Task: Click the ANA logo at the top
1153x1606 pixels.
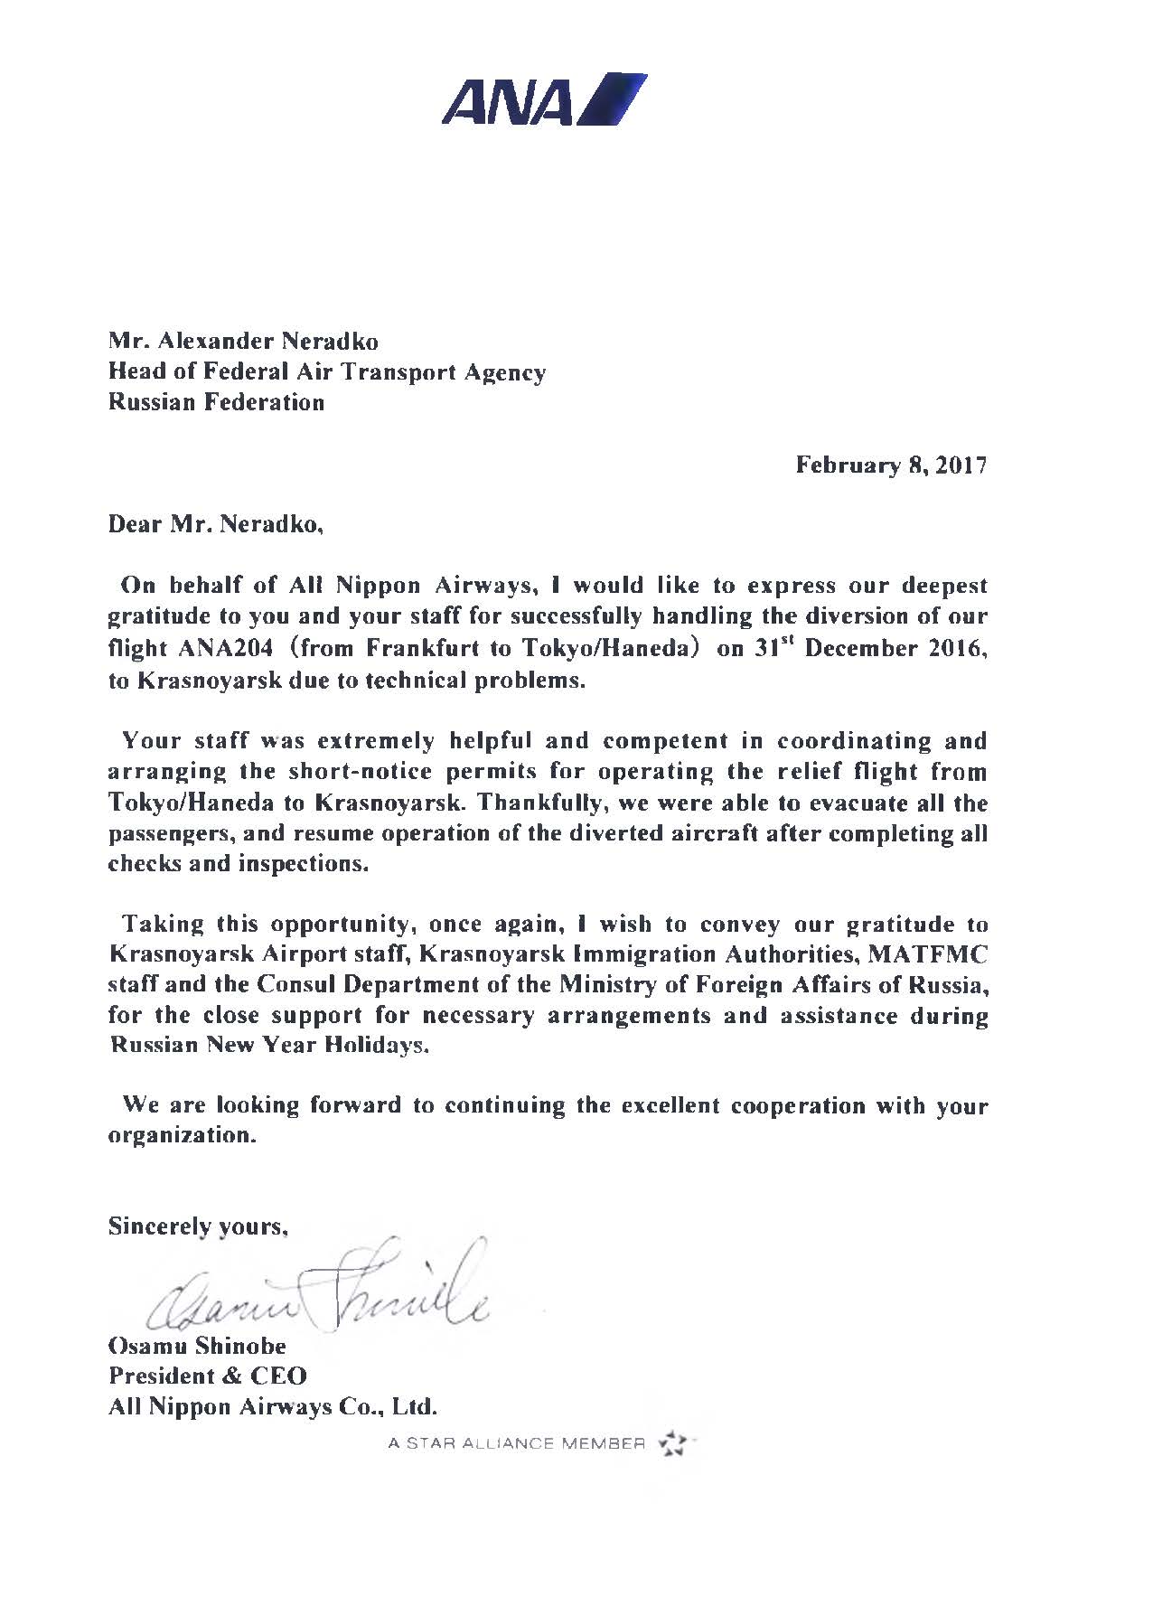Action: click(x=543, y=99)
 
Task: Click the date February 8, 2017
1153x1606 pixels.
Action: click(x=891, y=465)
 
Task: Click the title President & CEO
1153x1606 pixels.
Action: click(x=208, y=1376)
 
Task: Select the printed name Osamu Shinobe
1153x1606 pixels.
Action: click(x=197, y=1346)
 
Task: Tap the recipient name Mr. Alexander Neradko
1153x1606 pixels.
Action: click(x=243, y=342)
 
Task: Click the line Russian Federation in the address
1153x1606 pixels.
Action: click(x=216, y=402)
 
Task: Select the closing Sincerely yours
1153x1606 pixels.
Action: click(x=198, y=1226)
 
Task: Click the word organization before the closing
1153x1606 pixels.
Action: click(x=182, y=1136)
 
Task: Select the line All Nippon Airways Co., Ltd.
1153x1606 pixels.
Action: click(x=273, y=1407)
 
